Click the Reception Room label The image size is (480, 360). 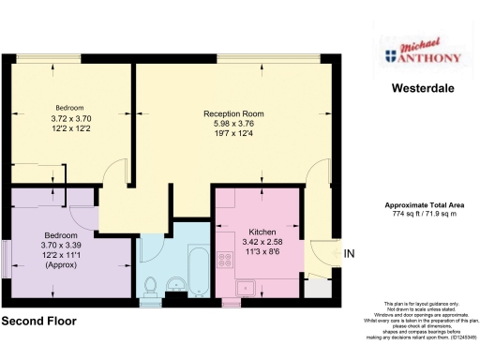point(233,113)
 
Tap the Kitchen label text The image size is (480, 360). point(262,232)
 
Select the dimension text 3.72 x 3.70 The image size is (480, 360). point(72,119)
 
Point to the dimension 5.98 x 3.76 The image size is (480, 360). point(233,124)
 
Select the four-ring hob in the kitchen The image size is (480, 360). point(225,259)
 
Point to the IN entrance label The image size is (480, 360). point(350,254)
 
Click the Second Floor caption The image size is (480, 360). point(38,321)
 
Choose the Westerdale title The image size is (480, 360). point(423,90)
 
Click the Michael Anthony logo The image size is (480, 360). point(423,55)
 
